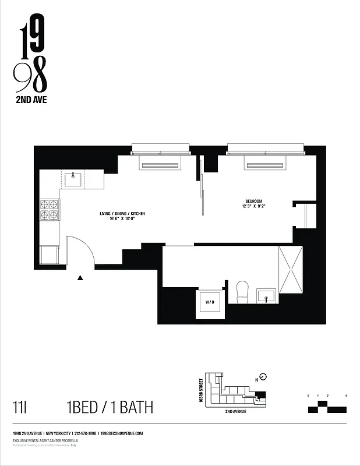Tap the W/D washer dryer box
click(209, 303)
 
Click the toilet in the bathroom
click(242, 292)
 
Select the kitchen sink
click(73, 179)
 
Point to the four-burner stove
click(50, 210)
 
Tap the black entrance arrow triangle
click(80, 278)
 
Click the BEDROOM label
click(253, 200)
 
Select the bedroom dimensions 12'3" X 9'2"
click(253, 206)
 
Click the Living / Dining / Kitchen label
click(122, 214)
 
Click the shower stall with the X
click(291, 270)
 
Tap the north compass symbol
click(262, 376)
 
